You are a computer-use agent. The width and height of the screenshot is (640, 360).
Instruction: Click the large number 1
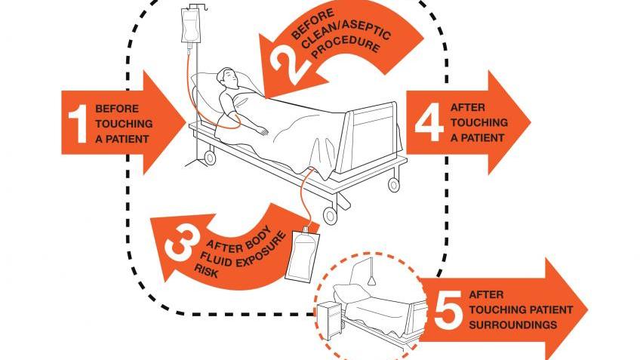(x=78, y=124)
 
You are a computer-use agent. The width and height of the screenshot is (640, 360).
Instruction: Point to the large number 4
(x=429, y=122)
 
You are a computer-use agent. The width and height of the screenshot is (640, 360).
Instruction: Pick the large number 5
(x=448, y=309)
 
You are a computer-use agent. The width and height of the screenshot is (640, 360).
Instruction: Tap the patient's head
(x=227, y=78)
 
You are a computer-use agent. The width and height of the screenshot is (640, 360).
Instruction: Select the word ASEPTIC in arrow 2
(x=368, y=29)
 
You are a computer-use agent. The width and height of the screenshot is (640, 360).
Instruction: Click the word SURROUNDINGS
(x=513, y=325)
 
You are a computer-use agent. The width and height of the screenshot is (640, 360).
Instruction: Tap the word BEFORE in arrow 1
(x=117, y=109)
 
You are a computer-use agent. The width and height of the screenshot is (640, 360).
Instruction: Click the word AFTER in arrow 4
(x=468, y=108)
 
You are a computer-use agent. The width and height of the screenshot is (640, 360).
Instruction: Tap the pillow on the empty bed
(x=348, y=291)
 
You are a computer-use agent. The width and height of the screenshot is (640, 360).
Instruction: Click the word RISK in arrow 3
(x=206, y=272)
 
